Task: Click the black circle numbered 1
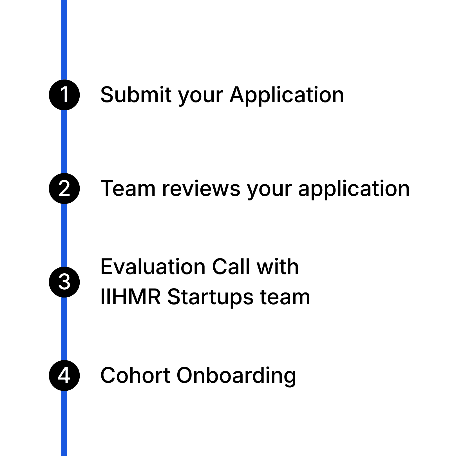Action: pos(64,95)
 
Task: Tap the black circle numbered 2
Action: pos(64,188)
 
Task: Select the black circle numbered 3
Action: pos(64,282)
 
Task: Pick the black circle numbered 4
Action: pos(64,375)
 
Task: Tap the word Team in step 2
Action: pos(128,189)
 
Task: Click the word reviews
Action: pos(201,189)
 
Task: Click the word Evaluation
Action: pos(153,267)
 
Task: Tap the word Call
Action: pos(231,267)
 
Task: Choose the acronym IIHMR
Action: pos(131,297)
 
